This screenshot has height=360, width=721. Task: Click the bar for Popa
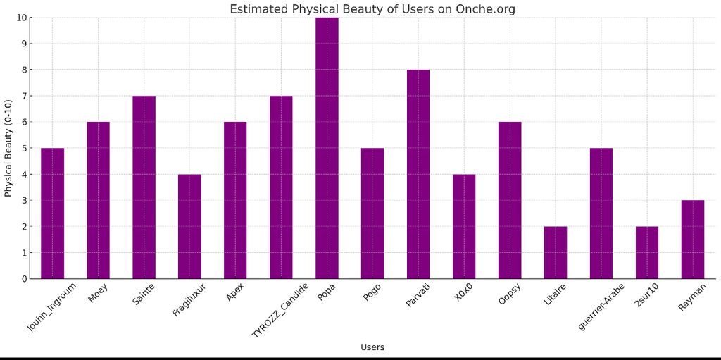[x=327, y=148]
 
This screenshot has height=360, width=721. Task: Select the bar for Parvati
[x=418, y=174]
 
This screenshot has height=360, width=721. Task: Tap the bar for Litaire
[x=556, y=252]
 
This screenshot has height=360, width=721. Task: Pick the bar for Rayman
[x=693, y=240]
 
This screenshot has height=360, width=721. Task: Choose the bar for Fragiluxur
[x=189, y=226]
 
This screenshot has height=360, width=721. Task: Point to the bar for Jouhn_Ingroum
[x=52, y=213]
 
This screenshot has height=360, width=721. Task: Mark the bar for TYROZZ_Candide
[x=281, y=187]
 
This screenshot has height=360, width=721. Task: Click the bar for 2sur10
[x=647, y=252]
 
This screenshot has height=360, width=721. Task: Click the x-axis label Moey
[x=98, y=294]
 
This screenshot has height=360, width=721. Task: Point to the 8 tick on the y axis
[x=24, y=70]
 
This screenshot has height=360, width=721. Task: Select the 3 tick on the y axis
[x=24, y=201]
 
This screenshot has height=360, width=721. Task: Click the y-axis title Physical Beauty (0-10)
[x=8, y=148]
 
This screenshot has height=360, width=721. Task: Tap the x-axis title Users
[x=372, y=347]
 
